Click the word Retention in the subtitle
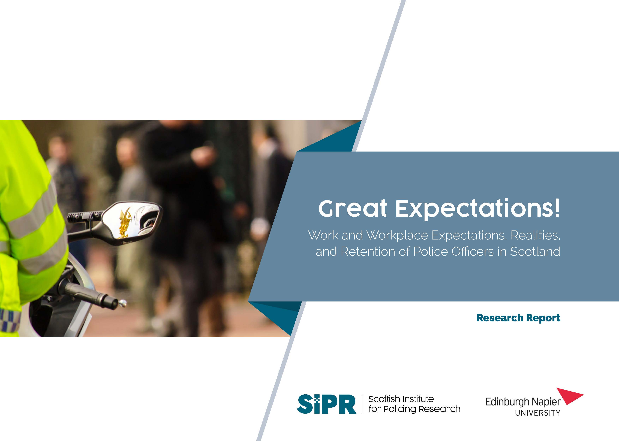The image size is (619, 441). point(368,251)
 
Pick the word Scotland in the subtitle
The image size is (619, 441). point(535,251)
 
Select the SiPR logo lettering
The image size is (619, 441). point(327,404)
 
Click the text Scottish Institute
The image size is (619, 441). point(401,399)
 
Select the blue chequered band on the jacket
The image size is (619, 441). point(10,320)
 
